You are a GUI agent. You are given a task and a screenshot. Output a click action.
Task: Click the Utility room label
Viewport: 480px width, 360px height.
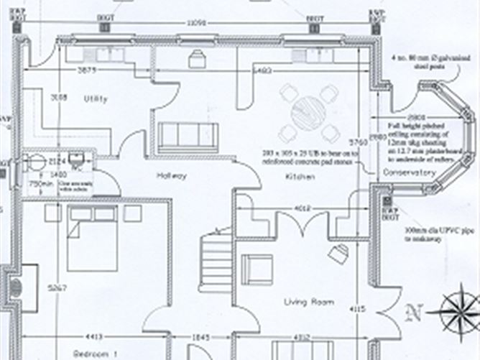pos(95,99)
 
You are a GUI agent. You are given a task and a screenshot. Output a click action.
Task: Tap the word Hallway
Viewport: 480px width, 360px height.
pos(172,175)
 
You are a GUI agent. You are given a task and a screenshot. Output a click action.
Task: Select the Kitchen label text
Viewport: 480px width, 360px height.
pos(296,175)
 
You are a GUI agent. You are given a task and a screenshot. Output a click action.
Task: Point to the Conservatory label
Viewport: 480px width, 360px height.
pos(410,173)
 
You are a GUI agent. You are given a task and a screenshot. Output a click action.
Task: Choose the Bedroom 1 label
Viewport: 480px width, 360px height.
pos(95,354)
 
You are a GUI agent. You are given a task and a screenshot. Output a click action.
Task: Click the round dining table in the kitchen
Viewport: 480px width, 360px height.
pos(309,113)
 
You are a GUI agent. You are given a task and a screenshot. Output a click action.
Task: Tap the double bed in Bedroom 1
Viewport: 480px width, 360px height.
pos(91,239)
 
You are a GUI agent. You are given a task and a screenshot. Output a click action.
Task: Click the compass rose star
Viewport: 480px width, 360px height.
pos(457,310)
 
